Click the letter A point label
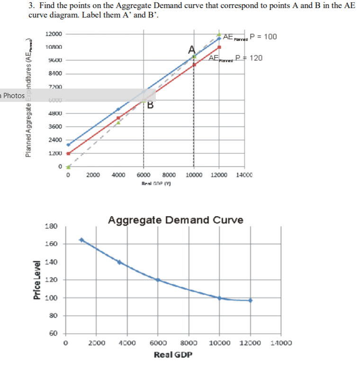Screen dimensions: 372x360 coord(191,49)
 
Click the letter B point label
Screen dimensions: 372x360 coord(150,105)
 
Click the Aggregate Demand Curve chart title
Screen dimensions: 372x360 coord(175,220)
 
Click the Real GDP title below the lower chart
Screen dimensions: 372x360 coord(173,354)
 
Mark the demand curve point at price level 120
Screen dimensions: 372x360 coord(158,280)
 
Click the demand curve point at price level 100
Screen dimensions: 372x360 coord(219,298)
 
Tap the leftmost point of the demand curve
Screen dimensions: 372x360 coord(81,240)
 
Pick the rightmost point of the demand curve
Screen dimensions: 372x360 coord(250,300)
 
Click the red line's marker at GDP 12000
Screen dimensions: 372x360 coord(219,47)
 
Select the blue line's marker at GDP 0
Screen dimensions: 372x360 coord(68,145)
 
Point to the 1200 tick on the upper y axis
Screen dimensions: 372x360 coord(55,154)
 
